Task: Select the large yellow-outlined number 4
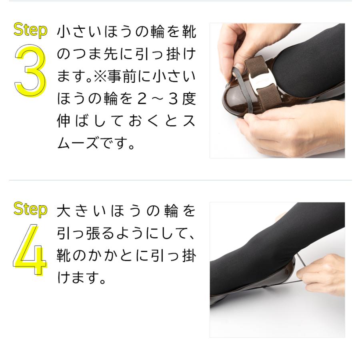[x=30, y=250]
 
